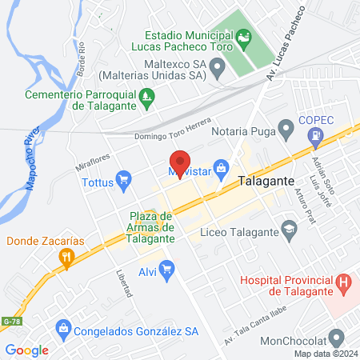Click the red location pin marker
tap(180, 163)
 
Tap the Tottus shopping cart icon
tap(122, 181)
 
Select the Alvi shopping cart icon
tap(166, 270)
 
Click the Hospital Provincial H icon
tap(344, 282)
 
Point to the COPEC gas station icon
tap(318, 138)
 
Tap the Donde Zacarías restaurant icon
tap(66, 257)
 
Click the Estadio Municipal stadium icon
tap(243, 37)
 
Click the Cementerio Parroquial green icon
tap(146, 100)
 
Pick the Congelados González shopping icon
tap(62, 328)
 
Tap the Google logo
tap(26, 350)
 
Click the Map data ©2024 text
tap(324, 354)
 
